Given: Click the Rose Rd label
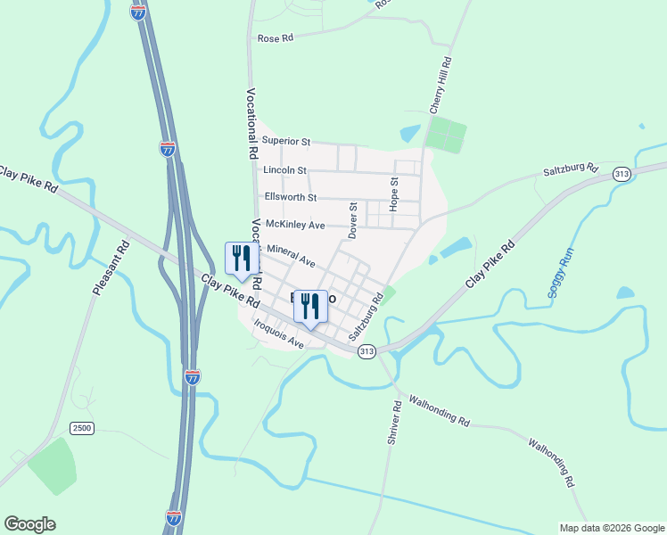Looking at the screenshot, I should (x=275, y=38).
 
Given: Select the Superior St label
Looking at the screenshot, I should (x=285, y=141).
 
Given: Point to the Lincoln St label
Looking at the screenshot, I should (x=284, y=169).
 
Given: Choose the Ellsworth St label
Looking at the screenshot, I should (x=290, y=196).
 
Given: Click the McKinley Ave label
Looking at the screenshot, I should (x=295, y=225).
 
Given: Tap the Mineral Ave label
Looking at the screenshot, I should (x=291, y=256).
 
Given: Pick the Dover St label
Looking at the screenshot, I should (x=353, y=219).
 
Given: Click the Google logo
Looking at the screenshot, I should (x=29, y=524).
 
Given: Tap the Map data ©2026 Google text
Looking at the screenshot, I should (x=611, y=527).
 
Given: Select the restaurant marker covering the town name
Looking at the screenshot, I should (x=310, y=307).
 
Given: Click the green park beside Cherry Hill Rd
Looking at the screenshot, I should (x=445, y=136).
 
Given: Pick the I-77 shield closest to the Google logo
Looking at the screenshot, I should (x=174, y=516).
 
